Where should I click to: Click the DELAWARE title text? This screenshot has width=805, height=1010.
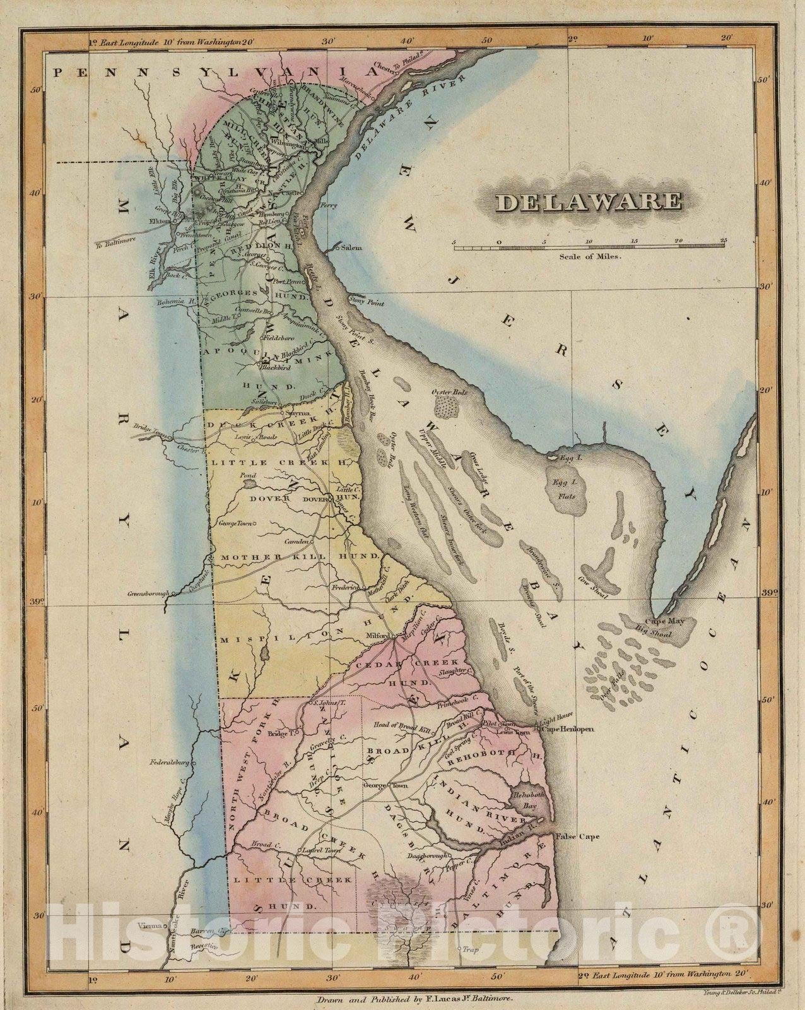pos(589,202)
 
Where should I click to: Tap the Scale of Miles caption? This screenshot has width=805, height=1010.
pos(590,257)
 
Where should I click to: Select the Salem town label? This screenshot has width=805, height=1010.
pos(353,249)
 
